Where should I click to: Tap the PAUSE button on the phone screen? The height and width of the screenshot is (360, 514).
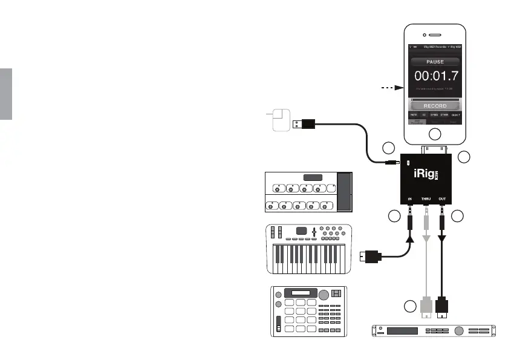click(x=434, y=62)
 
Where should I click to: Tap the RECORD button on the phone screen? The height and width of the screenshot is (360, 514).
click(x=434, y=106)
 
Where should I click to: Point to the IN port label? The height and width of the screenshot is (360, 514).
click(x=409, y=198)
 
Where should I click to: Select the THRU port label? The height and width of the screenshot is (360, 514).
click(x=426, y=198)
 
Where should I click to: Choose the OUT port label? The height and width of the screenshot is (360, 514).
click(x=442, y=198)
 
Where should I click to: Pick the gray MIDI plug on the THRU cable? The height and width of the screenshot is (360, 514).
click(x=426, y=309)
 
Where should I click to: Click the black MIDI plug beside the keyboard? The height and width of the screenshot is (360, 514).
click(x=371, y=257)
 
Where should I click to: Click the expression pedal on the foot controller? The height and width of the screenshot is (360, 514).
click(x=344, y=192)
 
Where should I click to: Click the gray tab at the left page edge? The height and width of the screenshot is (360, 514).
click(x=5, y=94)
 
